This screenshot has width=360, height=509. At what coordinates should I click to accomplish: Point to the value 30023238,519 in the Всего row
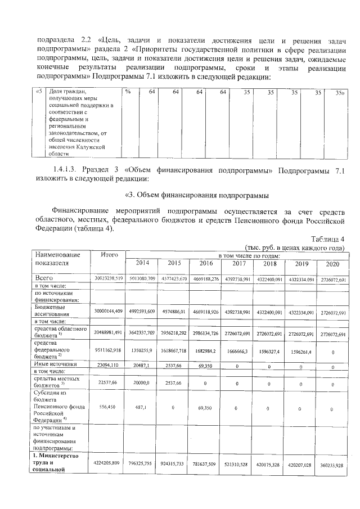(x=109, y=278)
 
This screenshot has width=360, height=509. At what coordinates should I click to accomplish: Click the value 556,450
(x=109, y=406)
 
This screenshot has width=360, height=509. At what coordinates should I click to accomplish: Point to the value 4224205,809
(x=109, y=465)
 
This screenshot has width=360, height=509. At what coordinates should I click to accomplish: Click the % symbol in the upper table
(x=128, y=91)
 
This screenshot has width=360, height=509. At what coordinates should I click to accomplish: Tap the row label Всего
(x=44, y=278)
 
